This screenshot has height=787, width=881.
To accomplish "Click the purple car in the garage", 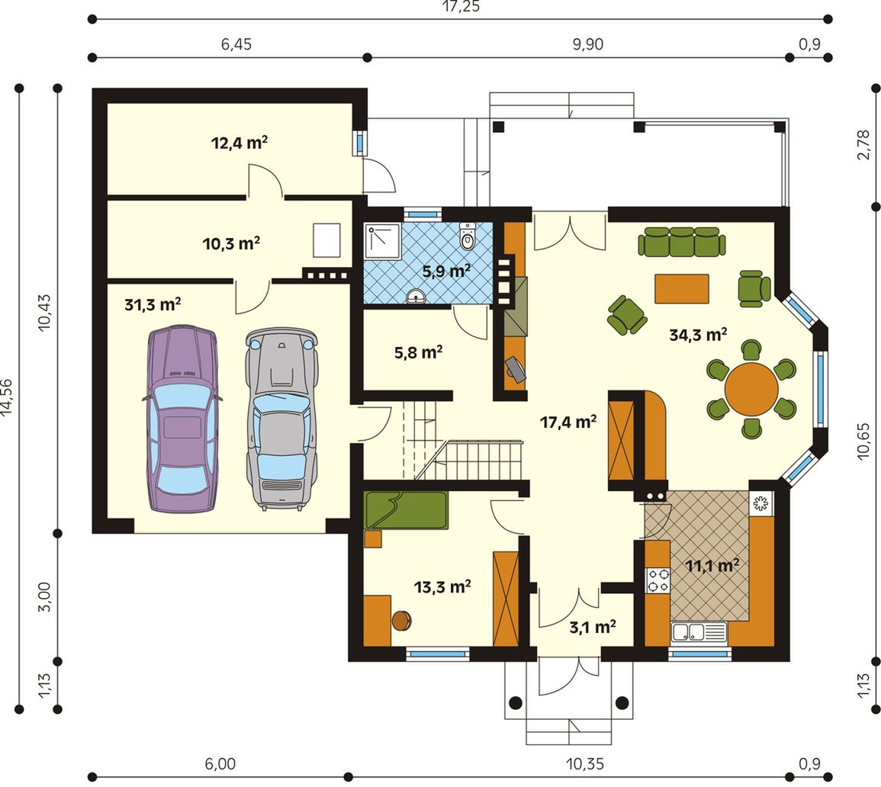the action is click(182, 417).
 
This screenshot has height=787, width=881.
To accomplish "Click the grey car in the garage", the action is click(281, 419).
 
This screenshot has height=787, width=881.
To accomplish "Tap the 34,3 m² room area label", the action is click(699, 335).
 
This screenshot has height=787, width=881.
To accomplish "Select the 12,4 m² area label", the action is click(239, 143).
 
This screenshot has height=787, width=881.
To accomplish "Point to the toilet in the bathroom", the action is click(467, 236).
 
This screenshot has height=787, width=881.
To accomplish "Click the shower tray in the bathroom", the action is click(383, 241).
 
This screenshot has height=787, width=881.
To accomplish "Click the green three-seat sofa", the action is click(682, 242).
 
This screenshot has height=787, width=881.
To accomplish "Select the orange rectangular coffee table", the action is click(682, 288).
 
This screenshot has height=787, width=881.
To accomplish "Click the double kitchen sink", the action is click(699, 632).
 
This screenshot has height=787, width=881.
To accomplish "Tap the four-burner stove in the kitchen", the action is click(658, 580).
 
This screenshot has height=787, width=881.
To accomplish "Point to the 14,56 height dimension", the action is click(8, 398).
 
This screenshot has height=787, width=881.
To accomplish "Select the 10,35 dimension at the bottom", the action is click(584, 764).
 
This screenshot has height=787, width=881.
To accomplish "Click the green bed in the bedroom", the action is click(406, 510).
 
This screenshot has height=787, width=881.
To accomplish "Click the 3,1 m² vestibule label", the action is click(593, 626).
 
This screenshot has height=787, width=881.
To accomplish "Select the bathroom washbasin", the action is click(416, 296).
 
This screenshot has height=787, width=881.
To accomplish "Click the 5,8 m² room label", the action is click(418, 352).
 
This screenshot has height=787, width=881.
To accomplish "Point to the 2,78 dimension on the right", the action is click(863, 145).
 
